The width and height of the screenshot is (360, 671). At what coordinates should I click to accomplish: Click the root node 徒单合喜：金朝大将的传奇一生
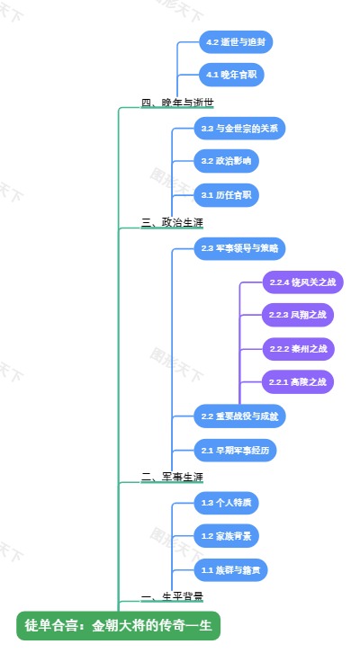[x=118, y=625]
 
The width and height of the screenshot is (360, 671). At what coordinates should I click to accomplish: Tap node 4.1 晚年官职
[x=231, y=74]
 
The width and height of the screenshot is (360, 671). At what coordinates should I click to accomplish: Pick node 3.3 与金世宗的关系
[x=239, y=129]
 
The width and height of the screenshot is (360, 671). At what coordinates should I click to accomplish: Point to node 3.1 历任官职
[x=226, y=194]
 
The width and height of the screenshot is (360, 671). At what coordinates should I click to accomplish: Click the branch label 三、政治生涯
[x=172, y=221]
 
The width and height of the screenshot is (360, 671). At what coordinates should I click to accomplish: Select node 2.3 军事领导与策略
[x=240, y=247]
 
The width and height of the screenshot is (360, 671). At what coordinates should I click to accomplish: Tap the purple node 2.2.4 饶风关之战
[x=301, y=282]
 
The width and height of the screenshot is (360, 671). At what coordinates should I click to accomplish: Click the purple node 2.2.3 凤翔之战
[x=297, y=315]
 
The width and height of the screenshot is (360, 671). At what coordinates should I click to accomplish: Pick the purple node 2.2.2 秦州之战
[x=297, y=348]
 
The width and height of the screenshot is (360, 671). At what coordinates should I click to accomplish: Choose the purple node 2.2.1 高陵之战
[x=297, y=382]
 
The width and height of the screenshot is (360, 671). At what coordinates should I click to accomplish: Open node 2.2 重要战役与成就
[x=240, y=416]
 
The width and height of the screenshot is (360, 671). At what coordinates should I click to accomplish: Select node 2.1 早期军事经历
[x=235, y=450]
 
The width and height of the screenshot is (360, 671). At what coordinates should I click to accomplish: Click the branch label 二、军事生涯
[x=172, y=477]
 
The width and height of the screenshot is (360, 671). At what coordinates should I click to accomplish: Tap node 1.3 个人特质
[x=227, y=503]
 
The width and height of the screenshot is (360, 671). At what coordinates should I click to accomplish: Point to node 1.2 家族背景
[x=227, y=536]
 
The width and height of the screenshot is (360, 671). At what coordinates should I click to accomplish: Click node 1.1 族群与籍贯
[x=231, y=569]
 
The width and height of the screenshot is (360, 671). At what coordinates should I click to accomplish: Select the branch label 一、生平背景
[x=172, y=596]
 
